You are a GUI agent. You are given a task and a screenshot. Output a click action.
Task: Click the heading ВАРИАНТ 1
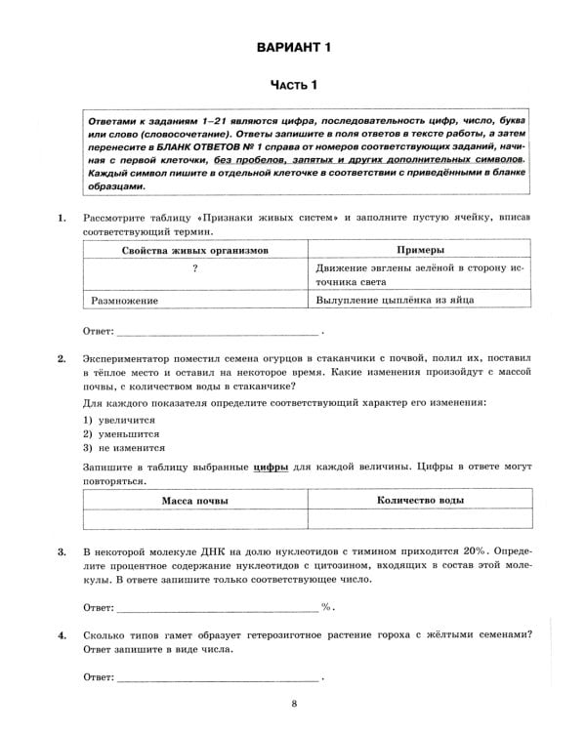click(293, 47)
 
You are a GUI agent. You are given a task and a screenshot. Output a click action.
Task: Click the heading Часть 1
click(293, 86)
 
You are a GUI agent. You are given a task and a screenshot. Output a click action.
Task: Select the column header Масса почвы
click(195, 501)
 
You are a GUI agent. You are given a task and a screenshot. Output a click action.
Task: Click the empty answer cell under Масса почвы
click(195, 520)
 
